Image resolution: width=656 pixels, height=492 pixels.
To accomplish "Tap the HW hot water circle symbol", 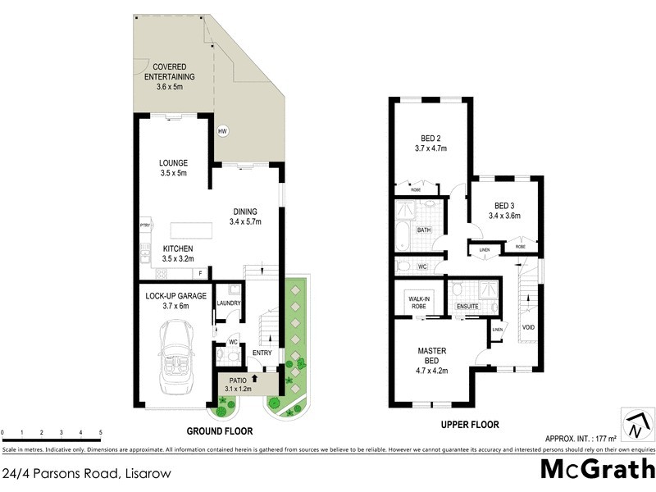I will point(222,131).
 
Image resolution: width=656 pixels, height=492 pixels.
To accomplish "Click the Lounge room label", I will point(173,162).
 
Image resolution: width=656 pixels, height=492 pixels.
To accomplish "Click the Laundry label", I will point(228,303).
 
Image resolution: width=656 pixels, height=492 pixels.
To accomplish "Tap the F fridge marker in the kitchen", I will point(199,272).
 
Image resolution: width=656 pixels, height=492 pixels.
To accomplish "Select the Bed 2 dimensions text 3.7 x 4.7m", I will point(431,150).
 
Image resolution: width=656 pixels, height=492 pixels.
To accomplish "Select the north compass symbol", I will point(637,426).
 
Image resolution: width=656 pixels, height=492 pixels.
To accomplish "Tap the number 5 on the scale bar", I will point(100,431).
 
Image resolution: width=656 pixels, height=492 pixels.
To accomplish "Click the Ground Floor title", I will point(219,431).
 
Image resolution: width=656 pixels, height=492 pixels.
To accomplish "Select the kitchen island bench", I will point(191,230).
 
